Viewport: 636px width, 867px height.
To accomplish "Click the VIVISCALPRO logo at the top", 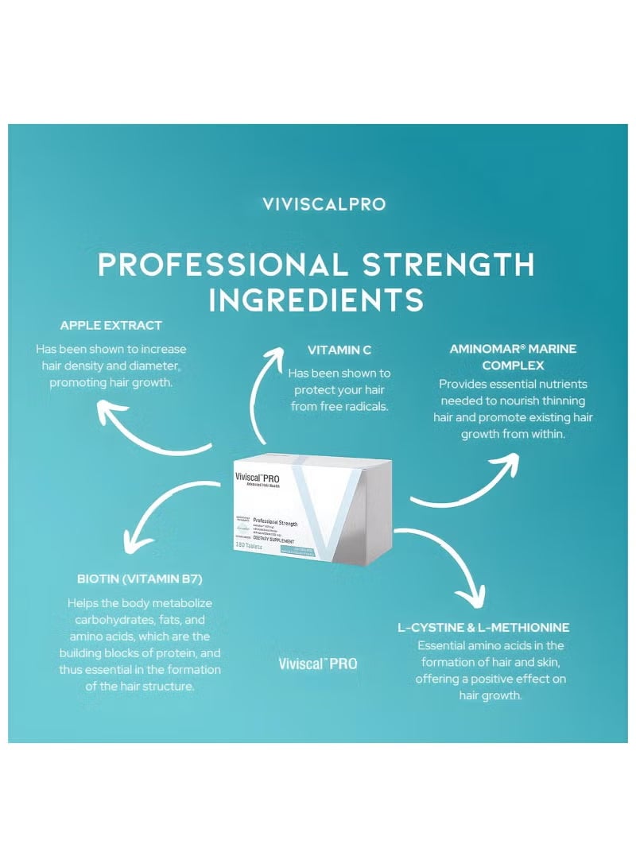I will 324,204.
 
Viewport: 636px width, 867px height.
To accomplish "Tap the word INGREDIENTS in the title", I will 316,300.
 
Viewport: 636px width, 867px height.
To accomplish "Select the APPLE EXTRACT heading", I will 111,325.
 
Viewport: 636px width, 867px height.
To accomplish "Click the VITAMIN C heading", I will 339,350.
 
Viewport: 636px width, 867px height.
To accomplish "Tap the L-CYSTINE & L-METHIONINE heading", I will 483,627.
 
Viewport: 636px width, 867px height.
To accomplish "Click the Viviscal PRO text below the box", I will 317,664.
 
